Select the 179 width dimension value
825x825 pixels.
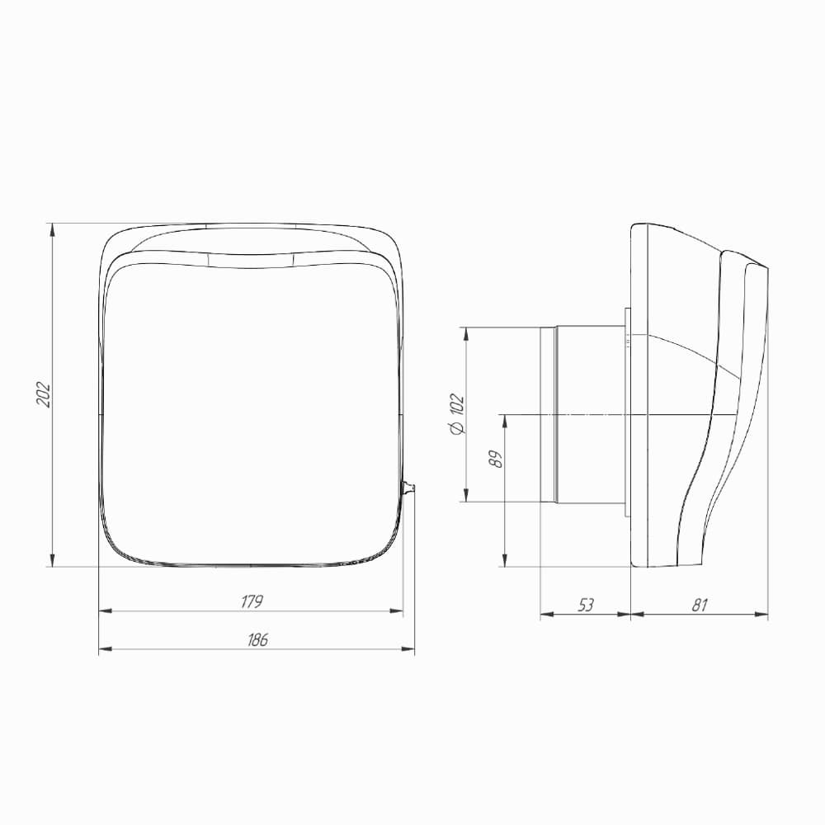point(251,601)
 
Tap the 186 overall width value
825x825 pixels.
point(257,640)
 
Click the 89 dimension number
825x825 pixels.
point(496,459)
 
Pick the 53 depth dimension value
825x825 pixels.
point(585,605)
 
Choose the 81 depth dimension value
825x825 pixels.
point(700,605)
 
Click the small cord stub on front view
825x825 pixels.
point(408,488)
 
